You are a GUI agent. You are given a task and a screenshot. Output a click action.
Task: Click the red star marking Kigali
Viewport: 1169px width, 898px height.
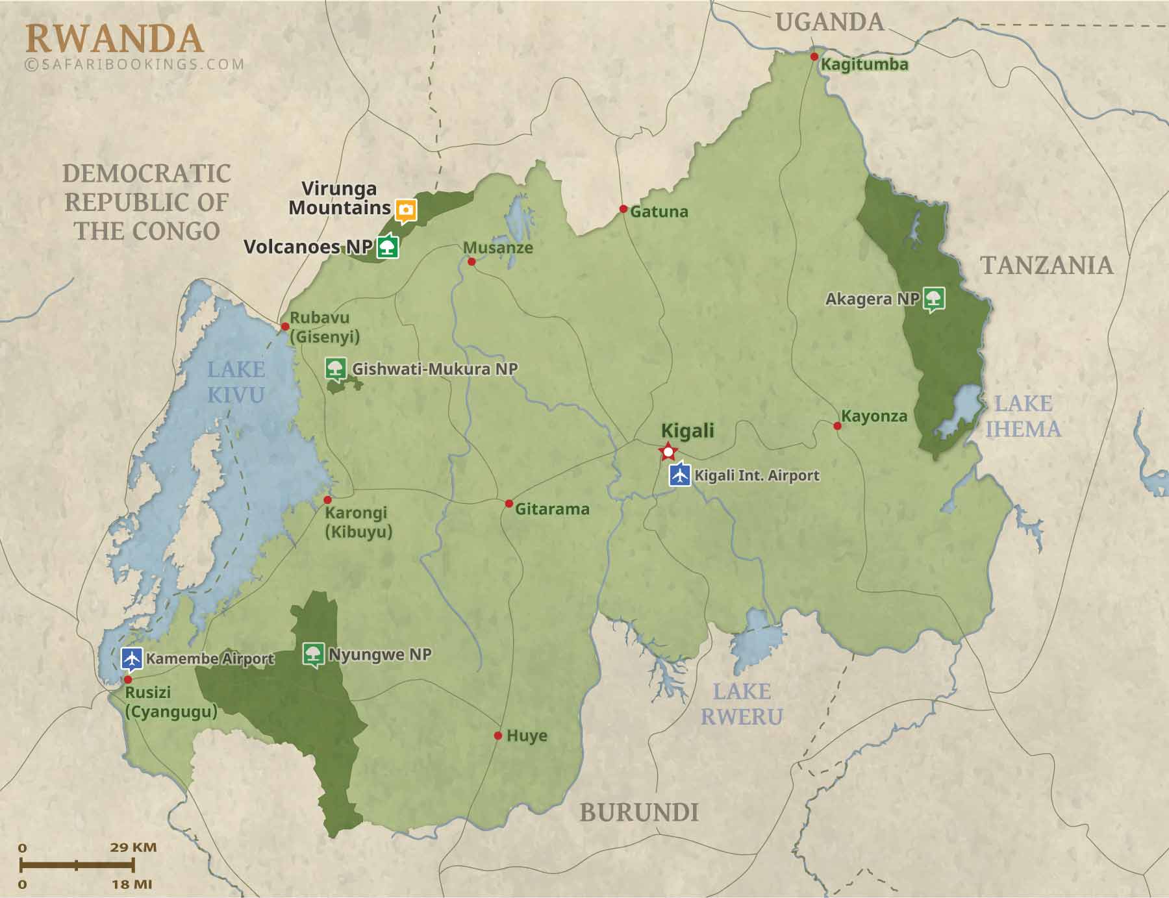668,451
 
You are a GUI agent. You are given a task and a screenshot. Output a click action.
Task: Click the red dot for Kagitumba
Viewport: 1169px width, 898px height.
814,56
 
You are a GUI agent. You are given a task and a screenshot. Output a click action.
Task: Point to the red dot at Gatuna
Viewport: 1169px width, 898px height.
623,209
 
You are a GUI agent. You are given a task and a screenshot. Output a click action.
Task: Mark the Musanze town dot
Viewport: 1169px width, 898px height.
471,262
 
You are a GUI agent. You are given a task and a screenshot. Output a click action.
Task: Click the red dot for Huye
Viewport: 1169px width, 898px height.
497,736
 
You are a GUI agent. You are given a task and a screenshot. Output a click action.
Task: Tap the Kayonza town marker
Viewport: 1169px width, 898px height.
837,426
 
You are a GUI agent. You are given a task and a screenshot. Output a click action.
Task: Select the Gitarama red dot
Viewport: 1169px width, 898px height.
509,504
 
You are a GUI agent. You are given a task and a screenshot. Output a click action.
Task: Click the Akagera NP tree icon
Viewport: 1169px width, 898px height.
934,299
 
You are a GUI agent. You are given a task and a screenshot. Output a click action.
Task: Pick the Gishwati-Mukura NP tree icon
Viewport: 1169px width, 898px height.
335,368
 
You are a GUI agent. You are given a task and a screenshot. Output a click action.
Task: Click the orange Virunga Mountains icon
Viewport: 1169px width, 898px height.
406,210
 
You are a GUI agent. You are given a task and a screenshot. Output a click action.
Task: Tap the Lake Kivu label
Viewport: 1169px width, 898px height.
235,382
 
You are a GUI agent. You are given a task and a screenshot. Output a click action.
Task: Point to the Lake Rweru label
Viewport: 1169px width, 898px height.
742,704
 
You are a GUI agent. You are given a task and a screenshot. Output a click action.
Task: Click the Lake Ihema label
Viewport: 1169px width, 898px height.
1023,416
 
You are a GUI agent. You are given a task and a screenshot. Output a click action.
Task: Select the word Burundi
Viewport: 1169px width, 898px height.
638,812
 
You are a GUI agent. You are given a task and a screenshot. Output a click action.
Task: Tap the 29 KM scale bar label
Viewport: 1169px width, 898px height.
132,847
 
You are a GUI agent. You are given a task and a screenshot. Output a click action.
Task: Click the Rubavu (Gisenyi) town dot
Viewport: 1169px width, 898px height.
284,326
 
